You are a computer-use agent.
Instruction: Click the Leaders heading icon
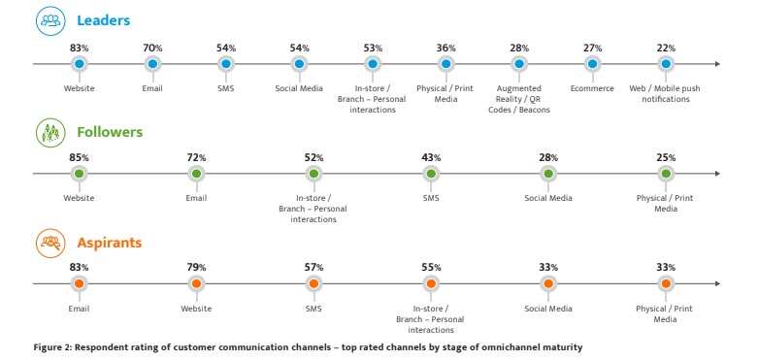pos(50,21)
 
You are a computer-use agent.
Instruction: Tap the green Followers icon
pos(50,132)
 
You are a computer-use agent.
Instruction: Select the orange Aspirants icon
pos(50,243)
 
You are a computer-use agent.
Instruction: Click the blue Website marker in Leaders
pos(80,64)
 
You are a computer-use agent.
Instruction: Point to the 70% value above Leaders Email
pos(152,48)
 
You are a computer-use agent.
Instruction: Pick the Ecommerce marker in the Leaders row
pos(592,64)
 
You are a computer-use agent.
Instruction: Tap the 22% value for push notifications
pos(665,48)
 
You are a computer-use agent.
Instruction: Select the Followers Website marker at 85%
pos(80,174)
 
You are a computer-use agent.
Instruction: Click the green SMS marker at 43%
pos(431,174)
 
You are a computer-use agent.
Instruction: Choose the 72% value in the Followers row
pos(197,157)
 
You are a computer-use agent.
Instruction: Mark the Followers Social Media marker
pos(548,174)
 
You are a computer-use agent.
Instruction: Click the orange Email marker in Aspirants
pos(80,284)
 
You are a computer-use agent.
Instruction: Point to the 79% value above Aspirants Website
pos(197,268)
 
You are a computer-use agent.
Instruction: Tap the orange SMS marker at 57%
pos(313,284)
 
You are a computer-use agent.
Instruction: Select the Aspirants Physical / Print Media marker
pos(665,284)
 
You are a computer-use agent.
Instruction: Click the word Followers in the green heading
pos(110,131)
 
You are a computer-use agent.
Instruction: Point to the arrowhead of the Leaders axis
pos(717,64)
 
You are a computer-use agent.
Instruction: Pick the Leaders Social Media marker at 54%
pos(299,64)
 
